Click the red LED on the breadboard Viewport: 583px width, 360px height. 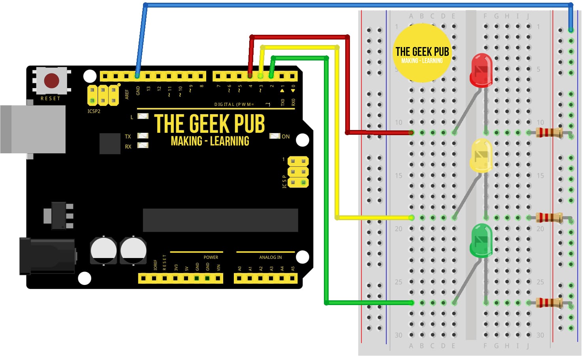point(481,70)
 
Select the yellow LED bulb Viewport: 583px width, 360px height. point(481,155)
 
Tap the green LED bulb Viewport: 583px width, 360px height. point(481,240)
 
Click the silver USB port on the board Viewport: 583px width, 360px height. point(34,129)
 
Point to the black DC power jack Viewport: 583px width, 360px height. point(47,256)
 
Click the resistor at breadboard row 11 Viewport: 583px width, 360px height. point(549,132)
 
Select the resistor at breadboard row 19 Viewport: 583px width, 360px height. point(549,217)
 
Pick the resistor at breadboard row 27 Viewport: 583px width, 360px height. point(549,303)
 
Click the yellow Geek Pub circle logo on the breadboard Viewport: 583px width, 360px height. point(422,54)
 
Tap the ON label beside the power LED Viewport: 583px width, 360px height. point(286,136)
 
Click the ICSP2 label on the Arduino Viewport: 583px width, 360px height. point(94,111)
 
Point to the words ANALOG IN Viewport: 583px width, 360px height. point(271,257)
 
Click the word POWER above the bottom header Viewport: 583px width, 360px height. point(211,257)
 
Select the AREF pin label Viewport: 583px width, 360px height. point(127,94)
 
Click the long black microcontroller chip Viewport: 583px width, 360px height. point(220,220)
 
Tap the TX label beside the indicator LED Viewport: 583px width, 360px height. point(128,136)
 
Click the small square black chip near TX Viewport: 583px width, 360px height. point(110,143)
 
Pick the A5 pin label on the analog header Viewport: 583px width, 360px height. point(293,269)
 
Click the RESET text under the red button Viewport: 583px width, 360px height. point(51,98)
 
